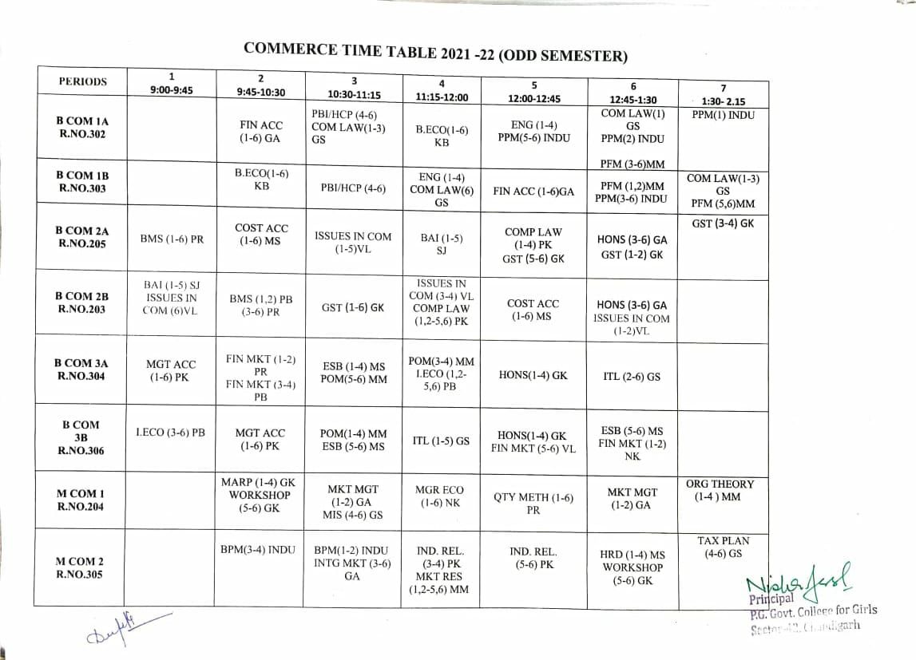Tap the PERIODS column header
[x=81, y=81]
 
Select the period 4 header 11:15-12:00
[x=442, y=90]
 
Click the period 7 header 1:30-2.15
[x=723, y=95]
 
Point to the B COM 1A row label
[x=81, y=127]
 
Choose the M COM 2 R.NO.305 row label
[x=79, y=567]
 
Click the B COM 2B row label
[x=81, y=302]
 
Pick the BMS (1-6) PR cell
[x=171, y=239]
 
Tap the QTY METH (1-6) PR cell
[x=533, y=504]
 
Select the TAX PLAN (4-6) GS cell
[x=723, y=547]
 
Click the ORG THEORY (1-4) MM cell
[x=719, y=490]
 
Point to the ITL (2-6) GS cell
[x=632, y=377]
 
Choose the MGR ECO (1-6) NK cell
[x=442, y=496]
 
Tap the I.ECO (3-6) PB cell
[x=170, y=433]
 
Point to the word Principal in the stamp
[x=771, y=599]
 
